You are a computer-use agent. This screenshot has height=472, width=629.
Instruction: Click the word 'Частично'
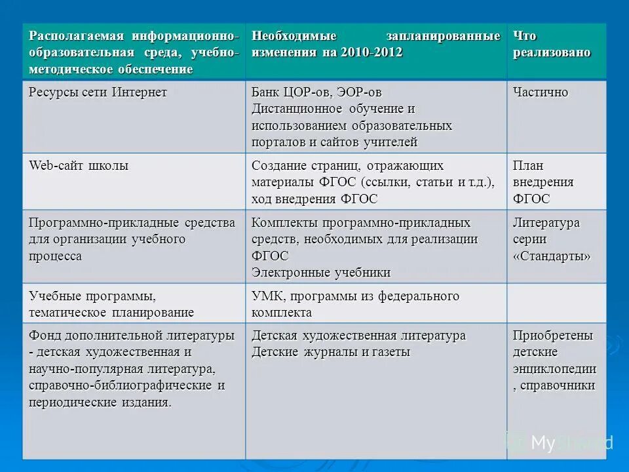click(x=541, y=92)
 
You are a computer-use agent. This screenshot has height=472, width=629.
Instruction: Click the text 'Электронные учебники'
click(x=321, y=272)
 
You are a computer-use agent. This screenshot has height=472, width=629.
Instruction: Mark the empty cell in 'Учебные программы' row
click(x=556, y=303)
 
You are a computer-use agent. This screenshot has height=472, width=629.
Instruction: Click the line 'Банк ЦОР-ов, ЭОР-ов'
click(x=316, y=92)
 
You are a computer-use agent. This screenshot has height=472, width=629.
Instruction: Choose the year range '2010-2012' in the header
click(x=371, y=52)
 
